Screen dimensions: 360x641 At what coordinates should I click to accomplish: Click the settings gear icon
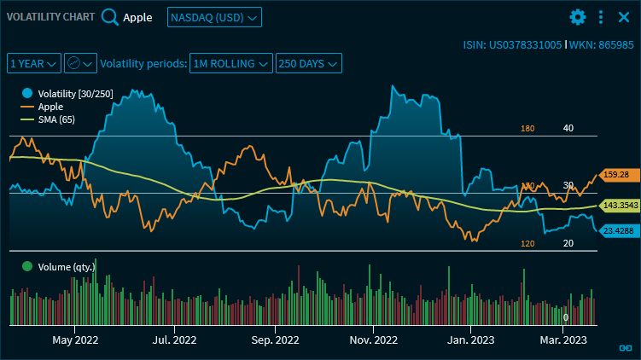click(578, 17)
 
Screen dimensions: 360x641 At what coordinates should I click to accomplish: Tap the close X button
click(623, 17)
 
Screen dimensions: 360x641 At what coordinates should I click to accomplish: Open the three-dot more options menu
click(601, 17)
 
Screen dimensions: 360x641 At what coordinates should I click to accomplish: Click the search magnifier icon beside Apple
click(110, 17)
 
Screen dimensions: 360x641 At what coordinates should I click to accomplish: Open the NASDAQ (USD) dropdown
click(214, 17)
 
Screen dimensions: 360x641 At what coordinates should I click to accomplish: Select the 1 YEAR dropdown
click(34, 63)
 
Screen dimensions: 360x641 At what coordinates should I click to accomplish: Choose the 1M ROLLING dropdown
click(232, 63)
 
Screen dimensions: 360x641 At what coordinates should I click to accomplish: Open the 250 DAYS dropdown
click(309, 63)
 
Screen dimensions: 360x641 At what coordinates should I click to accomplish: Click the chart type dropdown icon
click(80, 63)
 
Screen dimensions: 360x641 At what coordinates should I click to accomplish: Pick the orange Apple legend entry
click(50, 106)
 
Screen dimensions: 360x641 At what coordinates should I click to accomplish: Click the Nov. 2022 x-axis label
click(374, 340)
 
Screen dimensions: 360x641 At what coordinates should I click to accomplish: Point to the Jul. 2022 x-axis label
click(173, 340)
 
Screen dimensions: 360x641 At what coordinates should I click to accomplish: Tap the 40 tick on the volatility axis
click(568, 128)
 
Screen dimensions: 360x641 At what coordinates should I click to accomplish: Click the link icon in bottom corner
click(625, 348)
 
